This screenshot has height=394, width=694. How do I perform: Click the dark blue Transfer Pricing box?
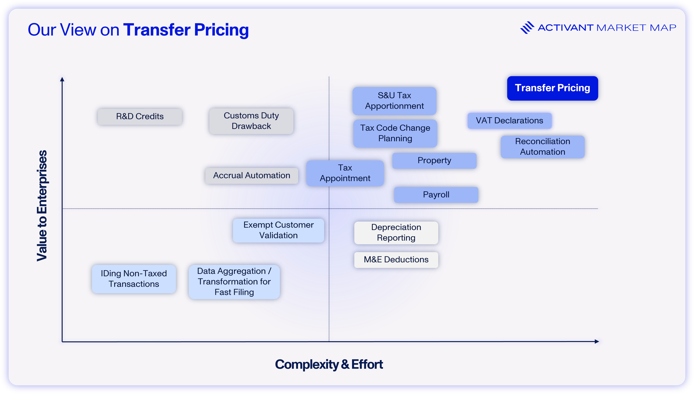(x=552, y=88)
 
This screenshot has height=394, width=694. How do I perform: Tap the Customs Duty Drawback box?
(x=251, y=121)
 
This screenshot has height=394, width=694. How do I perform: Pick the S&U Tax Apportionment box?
(x=394, y=101)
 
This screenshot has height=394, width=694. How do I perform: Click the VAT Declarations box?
(x=509, y=121)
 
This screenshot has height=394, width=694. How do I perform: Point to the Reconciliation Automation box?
(x=543, y=147)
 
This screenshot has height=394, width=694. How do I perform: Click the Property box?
(x=434, y=161)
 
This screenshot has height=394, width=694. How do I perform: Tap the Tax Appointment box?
(x=345, y=173)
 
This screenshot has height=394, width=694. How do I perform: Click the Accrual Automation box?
(x=252, y=176)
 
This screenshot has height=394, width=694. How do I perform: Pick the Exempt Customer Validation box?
(x=278, y=230)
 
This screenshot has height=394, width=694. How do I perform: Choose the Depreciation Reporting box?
(x=396, y=233)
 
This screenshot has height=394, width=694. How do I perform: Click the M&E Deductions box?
(x=396, y=260)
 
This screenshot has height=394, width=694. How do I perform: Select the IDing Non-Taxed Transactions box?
(x=134, y=279)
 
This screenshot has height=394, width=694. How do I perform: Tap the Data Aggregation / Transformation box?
(x=234, y=282)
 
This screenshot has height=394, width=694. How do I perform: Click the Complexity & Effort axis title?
(x=329, y=364)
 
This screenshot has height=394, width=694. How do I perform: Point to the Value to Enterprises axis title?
(x=42, y=206)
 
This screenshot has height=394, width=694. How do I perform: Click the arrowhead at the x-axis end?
(x=597, y=342)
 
